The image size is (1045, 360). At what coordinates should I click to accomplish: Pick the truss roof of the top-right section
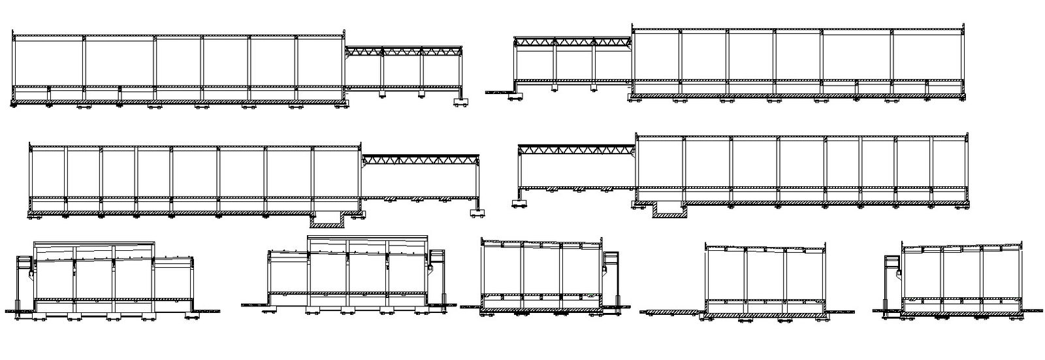pyautogui.click(x=572, y=42)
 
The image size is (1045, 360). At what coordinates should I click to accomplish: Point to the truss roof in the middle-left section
pyautogui.click(x=421, y=159)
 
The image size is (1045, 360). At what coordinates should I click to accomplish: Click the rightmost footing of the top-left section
pyautogui.click(x=460, y=101)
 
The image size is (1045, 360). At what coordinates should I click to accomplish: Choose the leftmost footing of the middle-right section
pyautogui.click(x=521, y=205)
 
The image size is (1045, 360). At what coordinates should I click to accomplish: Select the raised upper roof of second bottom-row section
pyautogui.click(x=368, y=240)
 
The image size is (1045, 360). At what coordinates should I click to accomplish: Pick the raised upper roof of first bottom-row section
pyautogui.click(x=95, y=245)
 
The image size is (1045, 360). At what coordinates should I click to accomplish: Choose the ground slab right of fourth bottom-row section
pyautogui.click(x=837, y=312)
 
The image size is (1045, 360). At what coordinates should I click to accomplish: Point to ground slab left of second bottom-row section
pyautogui.click(x=255, y=304)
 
